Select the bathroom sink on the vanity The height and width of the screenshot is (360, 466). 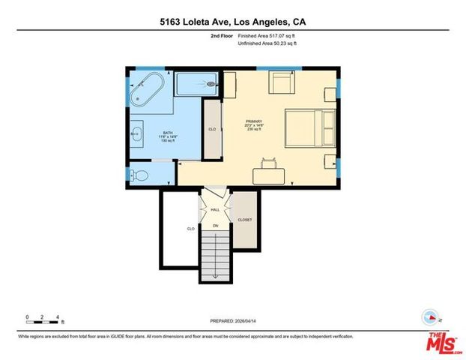[x=138, y=135]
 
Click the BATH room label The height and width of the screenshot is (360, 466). [x=167, y=133]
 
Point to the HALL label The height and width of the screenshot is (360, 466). [x=214, y=210]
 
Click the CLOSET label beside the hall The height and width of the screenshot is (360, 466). [x=244, y=220]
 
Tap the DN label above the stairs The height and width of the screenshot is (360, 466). [x=215, y=225]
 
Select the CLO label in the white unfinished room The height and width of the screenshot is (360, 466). [x=190, y=228]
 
